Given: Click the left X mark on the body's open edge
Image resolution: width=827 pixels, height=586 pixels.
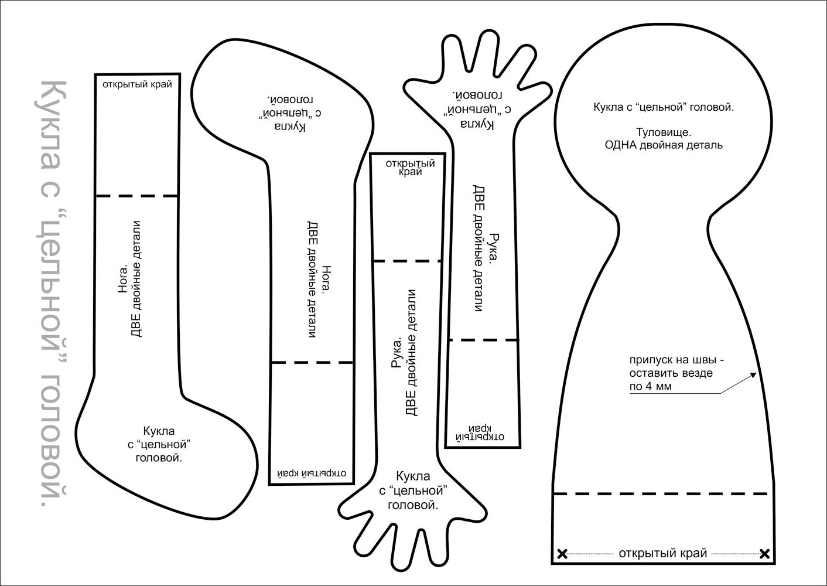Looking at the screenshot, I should (x=562, y=553).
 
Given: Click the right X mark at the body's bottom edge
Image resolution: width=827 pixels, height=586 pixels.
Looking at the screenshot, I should (x=764, y=553).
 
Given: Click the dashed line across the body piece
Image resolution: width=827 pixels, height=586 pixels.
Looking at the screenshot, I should (x=661, y=493).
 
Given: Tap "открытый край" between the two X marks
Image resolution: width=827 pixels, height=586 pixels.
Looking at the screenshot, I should (x=663, y=553).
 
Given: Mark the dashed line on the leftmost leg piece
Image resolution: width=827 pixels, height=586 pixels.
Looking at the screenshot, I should (x=137, y=196).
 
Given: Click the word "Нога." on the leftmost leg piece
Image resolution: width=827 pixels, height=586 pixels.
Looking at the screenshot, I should (x=123, y=280).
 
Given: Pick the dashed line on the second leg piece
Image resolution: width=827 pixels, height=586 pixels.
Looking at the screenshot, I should (x=312, y=363).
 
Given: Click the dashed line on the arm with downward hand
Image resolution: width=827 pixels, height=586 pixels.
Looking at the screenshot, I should (x=407, y=261).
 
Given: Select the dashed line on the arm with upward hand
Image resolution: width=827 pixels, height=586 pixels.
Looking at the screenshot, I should (x=483, y=339).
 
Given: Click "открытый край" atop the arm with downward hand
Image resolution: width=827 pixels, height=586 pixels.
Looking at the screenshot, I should (x=407, y=167).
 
